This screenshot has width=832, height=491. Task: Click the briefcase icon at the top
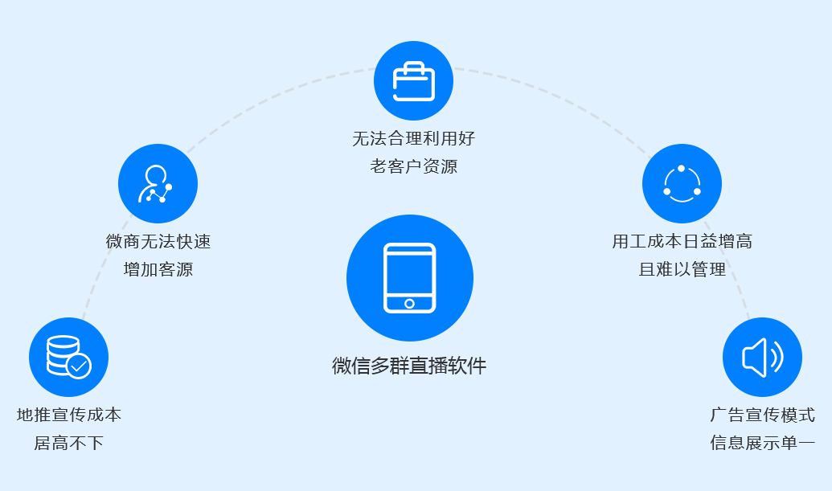pos(413,80)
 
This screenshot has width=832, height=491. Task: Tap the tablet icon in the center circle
pos(410,277)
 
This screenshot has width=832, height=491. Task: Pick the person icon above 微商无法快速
pos(157,183)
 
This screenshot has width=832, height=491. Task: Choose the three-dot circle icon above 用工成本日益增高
pos(682,184)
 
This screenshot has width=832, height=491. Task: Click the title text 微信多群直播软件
pos(409,366)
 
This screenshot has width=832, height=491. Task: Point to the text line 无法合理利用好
pos(413,139)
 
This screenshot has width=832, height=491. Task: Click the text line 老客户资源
pos(413,166)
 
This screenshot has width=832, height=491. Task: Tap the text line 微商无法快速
pos(158,242)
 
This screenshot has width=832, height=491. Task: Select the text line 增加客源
pos(158,269)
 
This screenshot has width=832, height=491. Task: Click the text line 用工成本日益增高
pos(682,242)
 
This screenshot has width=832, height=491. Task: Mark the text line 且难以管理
pos(682,269)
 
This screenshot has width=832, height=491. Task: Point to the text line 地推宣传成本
pos(69,415)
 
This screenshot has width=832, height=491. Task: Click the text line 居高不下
pos(69,443)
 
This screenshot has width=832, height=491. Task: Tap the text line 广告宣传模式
pos(762,415)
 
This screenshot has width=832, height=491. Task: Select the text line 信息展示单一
pos(762,443)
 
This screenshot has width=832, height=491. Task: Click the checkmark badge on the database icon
pos(79,366)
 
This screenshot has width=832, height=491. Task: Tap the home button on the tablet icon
pos(410,303)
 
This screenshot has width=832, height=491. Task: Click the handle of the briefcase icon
pos(413,66)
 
